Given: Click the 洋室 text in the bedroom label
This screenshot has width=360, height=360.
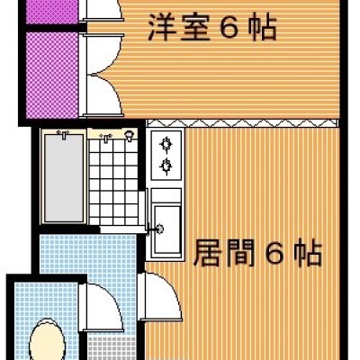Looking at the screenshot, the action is pyautogui.click(x=178, y=28).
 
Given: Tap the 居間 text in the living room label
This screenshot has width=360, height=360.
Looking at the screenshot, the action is pyautogui.click(x=224, y=252).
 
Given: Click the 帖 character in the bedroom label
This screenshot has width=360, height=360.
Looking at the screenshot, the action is pyautogui.click(x=263, y=28).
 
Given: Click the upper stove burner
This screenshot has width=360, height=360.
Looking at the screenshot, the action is pyautogui.click(x=166, y=144).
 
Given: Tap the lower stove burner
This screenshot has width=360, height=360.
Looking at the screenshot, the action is pyautogui.click(x=166, y=166).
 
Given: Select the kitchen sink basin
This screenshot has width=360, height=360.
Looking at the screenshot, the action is pyautogui.click(x=167, y=229).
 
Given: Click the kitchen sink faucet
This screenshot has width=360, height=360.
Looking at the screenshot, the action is pyautogui.click(x=157, y=229).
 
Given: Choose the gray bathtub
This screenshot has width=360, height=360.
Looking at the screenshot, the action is pyautogui.click(x=63, y=178).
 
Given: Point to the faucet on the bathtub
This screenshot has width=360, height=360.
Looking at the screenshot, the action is pyautogui.click(x=64, y=134).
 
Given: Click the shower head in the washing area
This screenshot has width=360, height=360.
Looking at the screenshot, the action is pyautogui.click(x=129, y=136).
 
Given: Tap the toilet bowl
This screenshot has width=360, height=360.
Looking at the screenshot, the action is pyautogui.click(x=48, y=340).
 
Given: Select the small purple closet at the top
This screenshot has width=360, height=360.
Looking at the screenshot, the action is pyautogui.click(x=52, y=11).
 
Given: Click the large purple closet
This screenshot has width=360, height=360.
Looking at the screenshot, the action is pyautogui.click(x=52, y=75).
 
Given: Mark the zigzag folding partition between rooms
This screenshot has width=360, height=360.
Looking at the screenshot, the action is pyautogui.click(x=242, y=123).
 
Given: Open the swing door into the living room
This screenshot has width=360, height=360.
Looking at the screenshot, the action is pyautogui.click(x=160, y=296).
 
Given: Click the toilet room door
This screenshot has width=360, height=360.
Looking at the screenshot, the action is pyautogui.click(x=102, y=307).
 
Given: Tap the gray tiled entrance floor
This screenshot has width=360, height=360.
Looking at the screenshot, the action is pyautogui.click(x=112, y=348).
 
